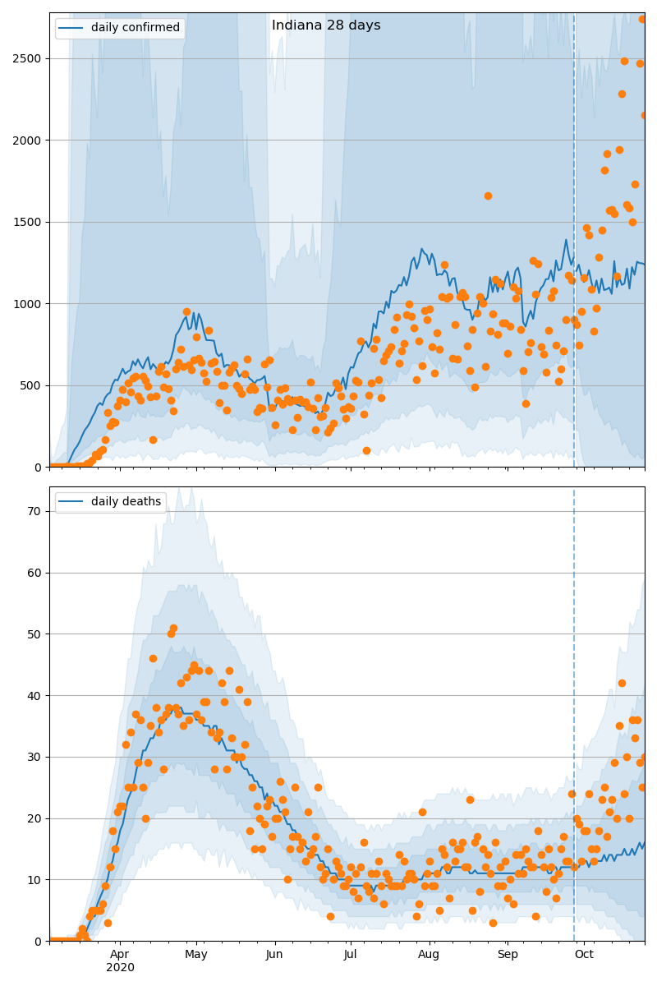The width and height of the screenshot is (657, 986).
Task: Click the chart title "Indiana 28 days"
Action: tap(326, 25)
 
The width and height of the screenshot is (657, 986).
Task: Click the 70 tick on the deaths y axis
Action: tap(36, 511)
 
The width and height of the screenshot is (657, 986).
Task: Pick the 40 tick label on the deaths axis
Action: tap(36, 695)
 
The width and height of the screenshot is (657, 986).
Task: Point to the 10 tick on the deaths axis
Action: tap(36, 879)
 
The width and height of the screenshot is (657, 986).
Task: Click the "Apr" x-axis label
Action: tap(120, 954)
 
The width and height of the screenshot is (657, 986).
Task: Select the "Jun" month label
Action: tap(274, 954)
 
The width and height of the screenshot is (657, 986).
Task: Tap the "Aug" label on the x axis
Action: tap(429, 954)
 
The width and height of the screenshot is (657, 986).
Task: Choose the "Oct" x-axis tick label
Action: tap(584, 954)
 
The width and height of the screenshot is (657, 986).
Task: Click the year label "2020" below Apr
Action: tap(120, 967)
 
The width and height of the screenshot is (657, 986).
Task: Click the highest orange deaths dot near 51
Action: tap(173, 629)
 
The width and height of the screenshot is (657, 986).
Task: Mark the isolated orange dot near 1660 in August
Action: tap(488, 196)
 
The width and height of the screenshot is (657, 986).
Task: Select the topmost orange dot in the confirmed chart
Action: tap(643, 19)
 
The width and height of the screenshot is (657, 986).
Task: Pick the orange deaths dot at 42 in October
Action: tap(622, 683)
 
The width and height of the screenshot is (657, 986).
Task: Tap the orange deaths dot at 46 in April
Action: tap(153, 658)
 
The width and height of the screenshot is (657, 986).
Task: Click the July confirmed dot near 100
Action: tap(366, 450)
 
